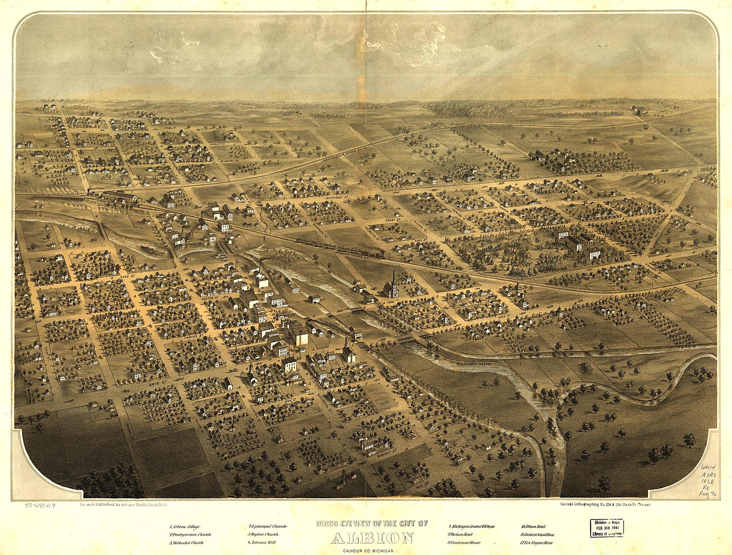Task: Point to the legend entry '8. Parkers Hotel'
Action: click(460, 535)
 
